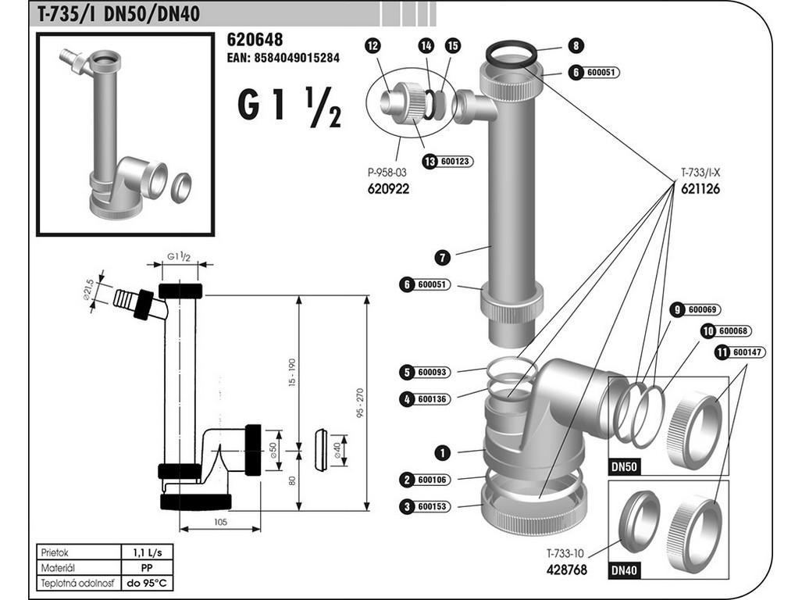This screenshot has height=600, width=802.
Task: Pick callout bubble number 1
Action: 442,452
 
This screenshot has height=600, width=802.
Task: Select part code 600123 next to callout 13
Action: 456,162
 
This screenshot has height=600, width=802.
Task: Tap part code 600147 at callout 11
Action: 747,352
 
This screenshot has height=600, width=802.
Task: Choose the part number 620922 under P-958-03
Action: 388,189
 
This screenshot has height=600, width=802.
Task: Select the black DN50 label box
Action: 624,467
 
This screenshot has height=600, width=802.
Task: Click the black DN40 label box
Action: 624,571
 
